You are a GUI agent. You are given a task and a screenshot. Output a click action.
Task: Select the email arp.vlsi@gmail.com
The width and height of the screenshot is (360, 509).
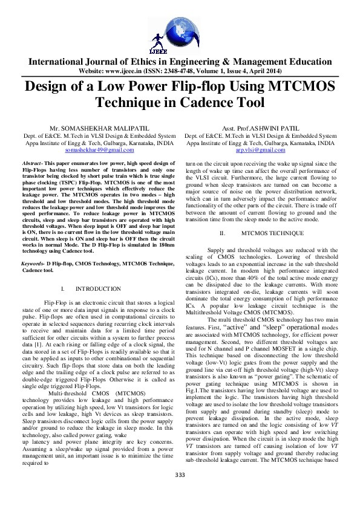tap(260, 149)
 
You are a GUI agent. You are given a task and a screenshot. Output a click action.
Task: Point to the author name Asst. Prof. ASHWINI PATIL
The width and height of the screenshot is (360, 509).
tap(260, 129)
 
